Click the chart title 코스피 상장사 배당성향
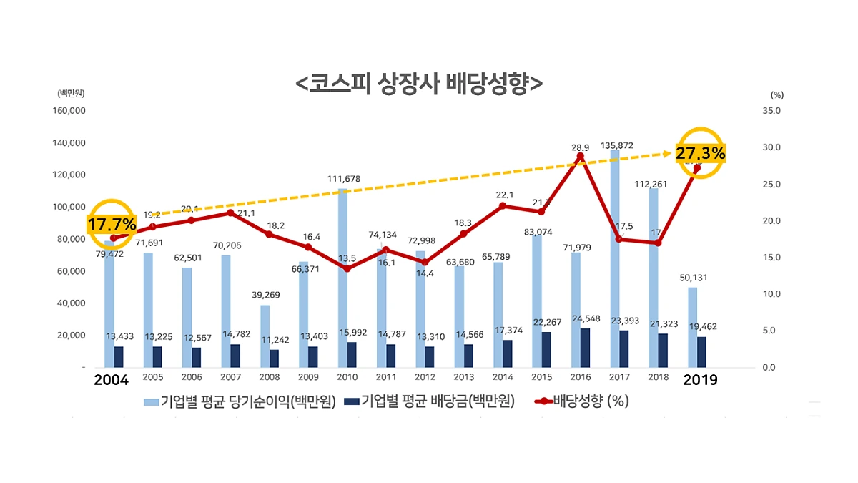(418, 82)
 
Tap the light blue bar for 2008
(265, 336)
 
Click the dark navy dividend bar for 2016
(586, 347)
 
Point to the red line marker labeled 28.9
(581, 157)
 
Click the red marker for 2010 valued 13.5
(347, 268)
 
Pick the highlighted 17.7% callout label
(112, 225)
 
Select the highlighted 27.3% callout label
(701, 153)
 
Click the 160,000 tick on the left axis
(69, 111)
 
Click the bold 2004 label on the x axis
(112, 380)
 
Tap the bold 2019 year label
(700, 380)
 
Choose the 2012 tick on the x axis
(425, 377)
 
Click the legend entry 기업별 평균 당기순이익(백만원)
(240, 401)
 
